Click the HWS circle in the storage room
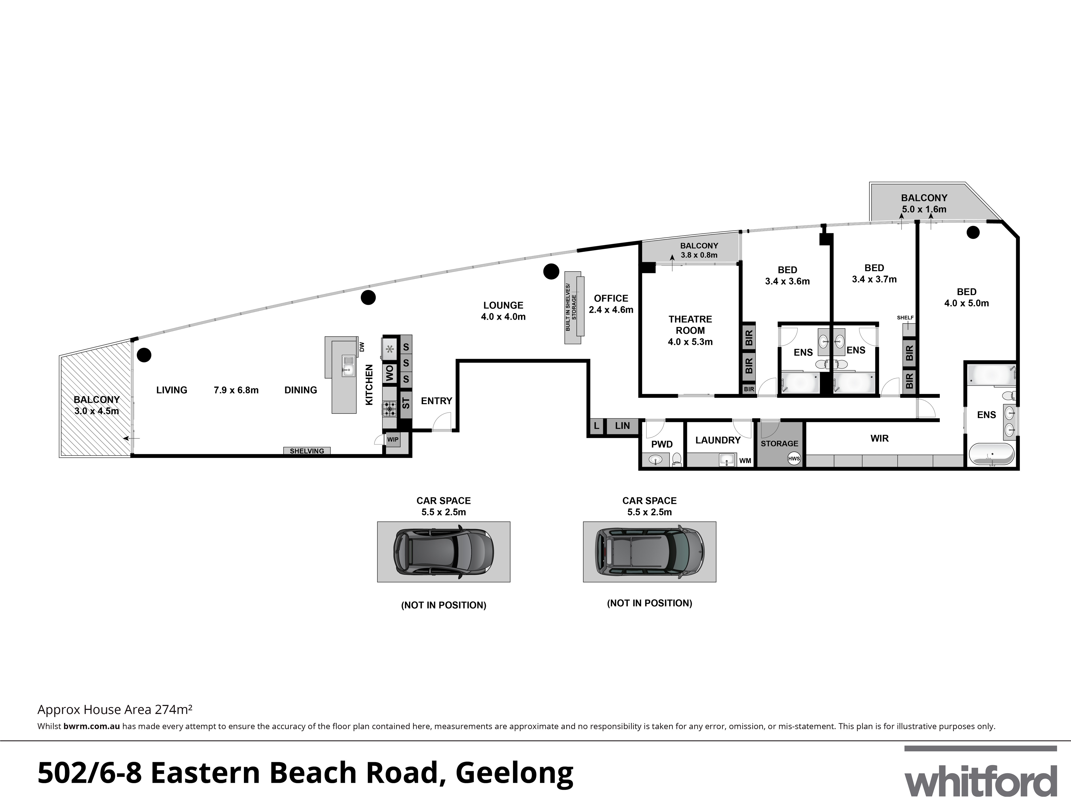pyautogui.click(x=794, y=459)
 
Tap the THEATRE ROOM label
pyautogui.click(x=690, y=330)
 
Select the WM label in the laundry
pyautogui.click(x=745, y=460)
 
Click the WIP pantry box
pyautogui.click(x=393, y=440)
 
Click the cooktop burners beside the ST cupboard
pyautogui.click(x=389, y=408)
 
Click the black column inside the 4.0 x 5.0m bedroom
pyautogui.click(x=973, y=233)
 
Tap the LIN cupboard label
pyautogui.click(x=622, y=426)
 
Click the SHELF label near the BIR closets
pyautogui.click(x=905, y=318)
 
